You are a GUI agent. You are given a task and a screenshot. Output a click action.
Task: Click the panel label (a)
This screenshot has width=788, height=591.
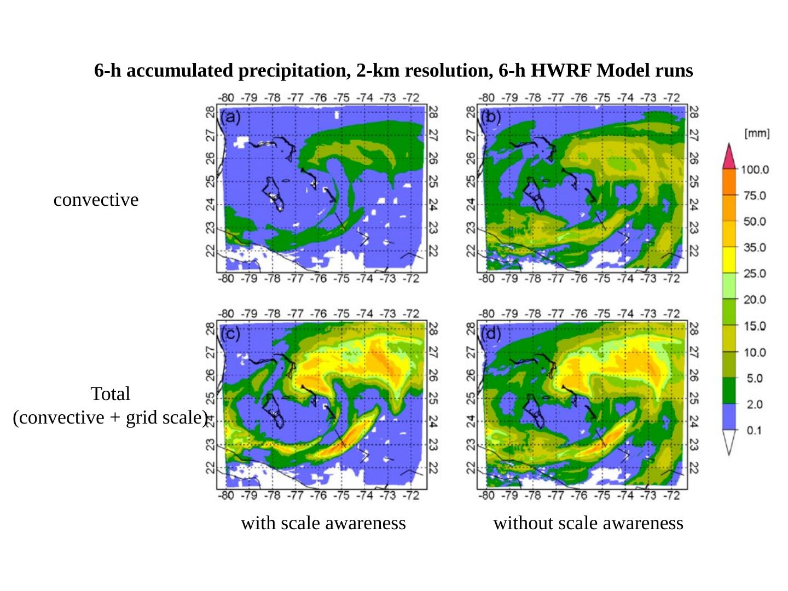click(x=230, y=117)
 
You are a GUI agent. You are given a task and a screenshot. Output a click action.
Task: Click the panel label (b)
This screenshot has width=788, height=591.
click(x=491, y=117)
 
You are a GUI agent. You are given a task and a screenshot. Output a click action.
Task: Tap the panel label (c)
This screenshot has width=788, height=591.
click(x=230, y=333)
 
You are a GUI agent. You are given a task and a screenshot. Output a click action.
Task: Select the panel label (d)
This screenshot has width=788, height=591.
click(x=491, y=333)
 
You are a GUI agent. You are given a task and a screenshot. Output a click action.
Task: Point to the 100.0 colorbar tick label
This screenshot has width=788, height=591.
click(x=755, y=170)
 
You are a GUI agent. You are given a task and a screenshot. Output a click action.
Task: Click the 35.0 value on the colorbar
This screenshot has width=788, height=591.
click(x=755, y=248)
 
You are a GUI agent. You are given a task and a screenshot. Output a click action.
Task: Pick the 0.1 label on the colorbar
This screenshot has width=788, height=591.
click(x=754, y=430)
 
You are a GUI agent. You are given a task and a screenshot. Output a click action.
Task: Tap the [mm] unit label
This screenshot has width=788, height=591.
click(x=757, y=134)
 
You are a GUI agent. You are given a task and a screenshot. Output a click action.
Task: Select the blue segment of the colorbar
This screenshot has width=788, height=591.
click(x=729, y=417)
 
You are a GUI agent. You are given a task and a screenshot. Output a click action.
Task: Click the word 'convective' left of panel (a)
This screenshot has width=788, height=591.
click(x=96, y=200)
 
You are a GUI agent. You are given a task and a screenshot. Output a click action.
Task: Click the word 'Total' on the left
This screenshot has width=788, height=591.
click(x=110, y=394)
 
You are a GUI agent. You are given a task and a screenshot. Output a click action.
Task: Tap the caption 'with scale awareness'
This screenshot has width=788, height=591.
click(x=323, y=523)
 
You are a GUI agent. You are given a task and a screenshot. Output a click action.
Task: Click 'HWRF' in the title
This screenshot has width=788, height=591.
click(x=561, y=71)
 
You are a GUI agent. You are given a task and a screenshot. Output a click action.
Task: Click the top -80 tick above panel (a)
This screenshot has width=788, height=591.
click(x=226, y=98)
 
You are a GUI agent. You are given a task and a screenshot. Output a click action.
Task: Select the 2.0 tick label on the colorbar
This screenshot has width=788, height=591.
click(x=755, y=404)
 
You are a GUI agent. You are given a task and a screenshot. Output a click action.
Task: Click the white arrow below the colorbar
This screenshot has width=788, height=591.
click(x=729, y=442)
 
